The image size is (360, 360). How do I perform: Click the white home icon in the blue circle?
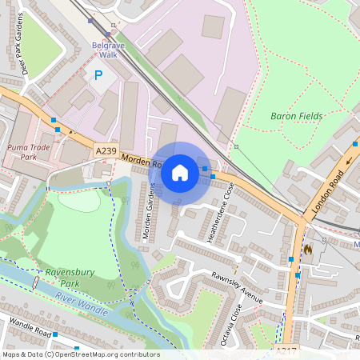[180, 172]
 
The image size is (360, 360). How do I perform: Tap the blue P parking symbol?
[98, 75]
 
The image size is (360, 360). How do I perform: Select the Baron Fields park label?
[296, 116]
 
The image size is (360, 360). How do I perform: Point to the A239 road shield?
[106, 150]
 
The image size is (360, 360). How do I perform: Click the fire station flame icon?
[308, 250]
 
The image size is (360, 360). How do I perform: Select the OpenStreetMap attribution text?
[81, 354]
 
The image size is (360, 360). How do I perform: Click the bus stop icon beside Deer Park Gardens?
[54, 120]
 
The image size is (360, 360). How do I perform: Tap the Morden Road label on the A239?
[144, 165]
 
